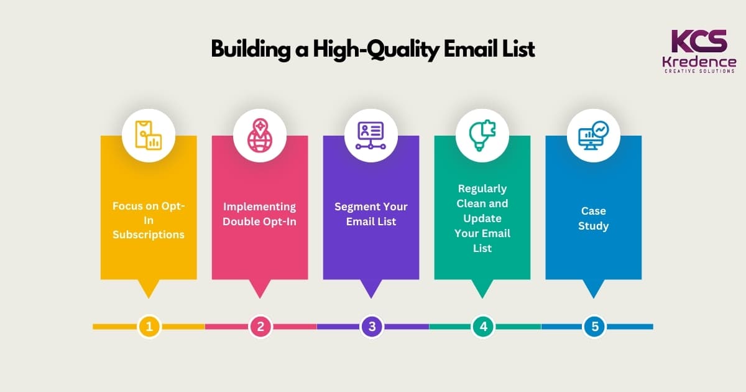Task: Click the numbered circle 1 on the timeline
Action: click(149, 326)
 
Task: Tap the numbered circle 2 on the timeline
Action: click(260, 326)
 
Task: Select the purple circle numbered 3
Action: click(372, 326)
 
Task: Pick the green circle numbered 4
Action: click(483, 326)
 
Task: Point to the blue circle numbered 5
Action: click(594, 326)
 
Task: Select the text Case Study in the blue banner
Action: click(593, 218)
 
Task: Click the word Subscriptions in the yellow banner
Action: click(149, 235)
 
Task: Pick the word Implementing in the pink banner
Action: click(260, 207)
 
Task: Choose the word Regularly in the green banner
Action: click(482, 188)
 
